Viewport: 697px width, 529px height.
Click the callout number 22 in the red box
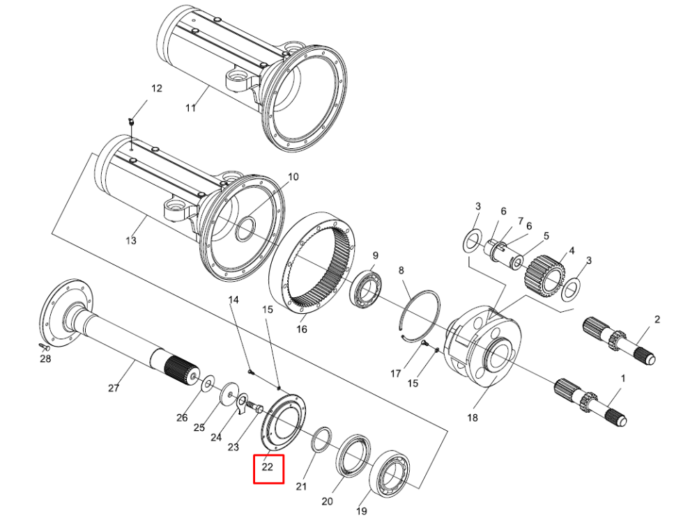tap(267, 467)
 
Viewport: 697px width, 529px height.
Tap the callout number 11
tap(191, 108)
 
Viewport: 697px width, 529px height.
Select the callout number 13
tap(131, 241)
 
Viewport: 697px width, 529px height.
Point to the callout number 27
tap(114, 388)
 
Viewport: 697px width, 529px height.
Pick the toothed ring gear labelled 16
tap(312, 262)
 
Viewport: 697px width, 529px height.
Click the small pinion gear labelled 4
tap(544, 276)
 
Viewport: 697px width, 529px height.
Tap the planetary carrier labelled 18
tap(483, 346)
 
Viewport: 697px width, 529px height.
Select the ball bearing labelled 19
tap(390, 473)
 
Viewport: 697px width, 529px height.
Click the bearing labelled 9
tap(367, 289)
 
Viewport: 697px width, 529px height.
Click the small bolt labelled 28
tap(43, 347)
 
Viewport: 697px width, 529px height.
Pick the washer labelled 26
tap(208, 384)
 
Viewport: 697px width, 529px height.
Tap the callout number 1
tap(623, 379)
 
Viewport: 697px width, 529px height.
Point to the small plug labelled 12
tap(131, 121)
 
